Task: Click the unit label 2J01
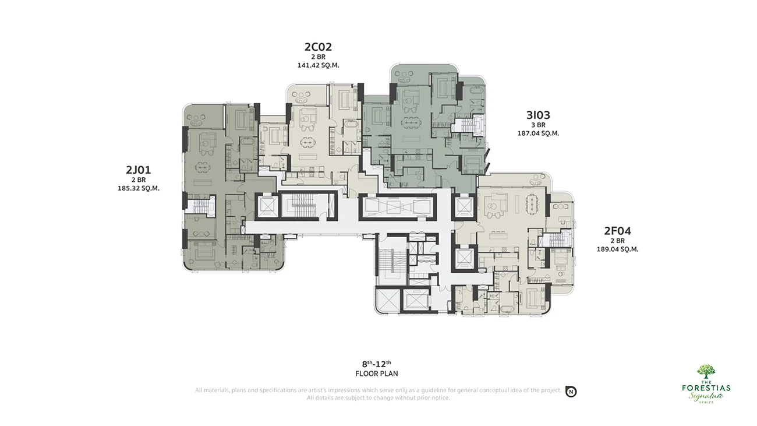[138, 170]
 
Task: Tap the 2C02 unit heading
[318, 47]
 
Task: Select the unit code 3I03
[539, 115]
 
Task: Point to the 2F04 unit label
[617, 231]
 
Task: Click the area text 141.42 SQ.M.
[318, 65]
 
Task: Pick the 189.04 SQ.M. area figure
[617, 249]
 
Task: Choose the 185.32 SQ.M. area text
[138, 188]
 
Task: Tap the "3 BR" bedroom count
[539, 125]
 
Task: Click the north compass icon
[571, 392]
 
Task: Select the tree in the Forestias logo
[706, 371]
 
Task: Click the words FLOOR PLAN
[377, 374]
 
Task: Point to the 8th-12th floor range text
[377, 364]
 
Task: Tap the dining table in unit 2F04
[532, 204]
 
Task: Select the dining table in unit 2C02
[307, 142]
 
